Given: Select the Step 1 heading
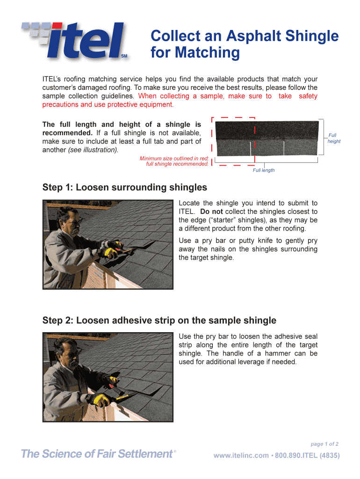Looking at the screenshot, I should [124, 188].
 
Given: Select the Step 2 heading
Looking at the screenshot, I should [159, 320].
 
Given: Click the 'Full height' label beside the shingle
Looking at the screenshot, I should [333, 138].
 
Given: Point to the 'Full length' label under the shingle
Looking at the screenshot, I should [264, 170].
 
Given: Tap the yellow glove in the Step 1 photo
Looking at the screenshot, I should [111, 252].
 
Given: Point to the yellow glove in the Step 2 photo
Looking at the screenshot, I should [98, 399].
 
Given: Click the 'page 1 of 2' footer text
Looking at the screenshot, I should [324, 444].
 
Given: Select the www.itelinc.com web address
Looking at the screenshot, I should [241, 456].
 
